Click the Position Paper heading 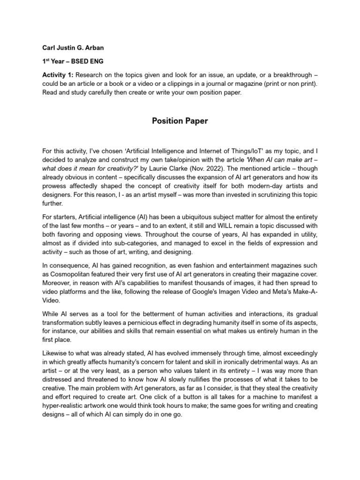coord(180,121)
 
